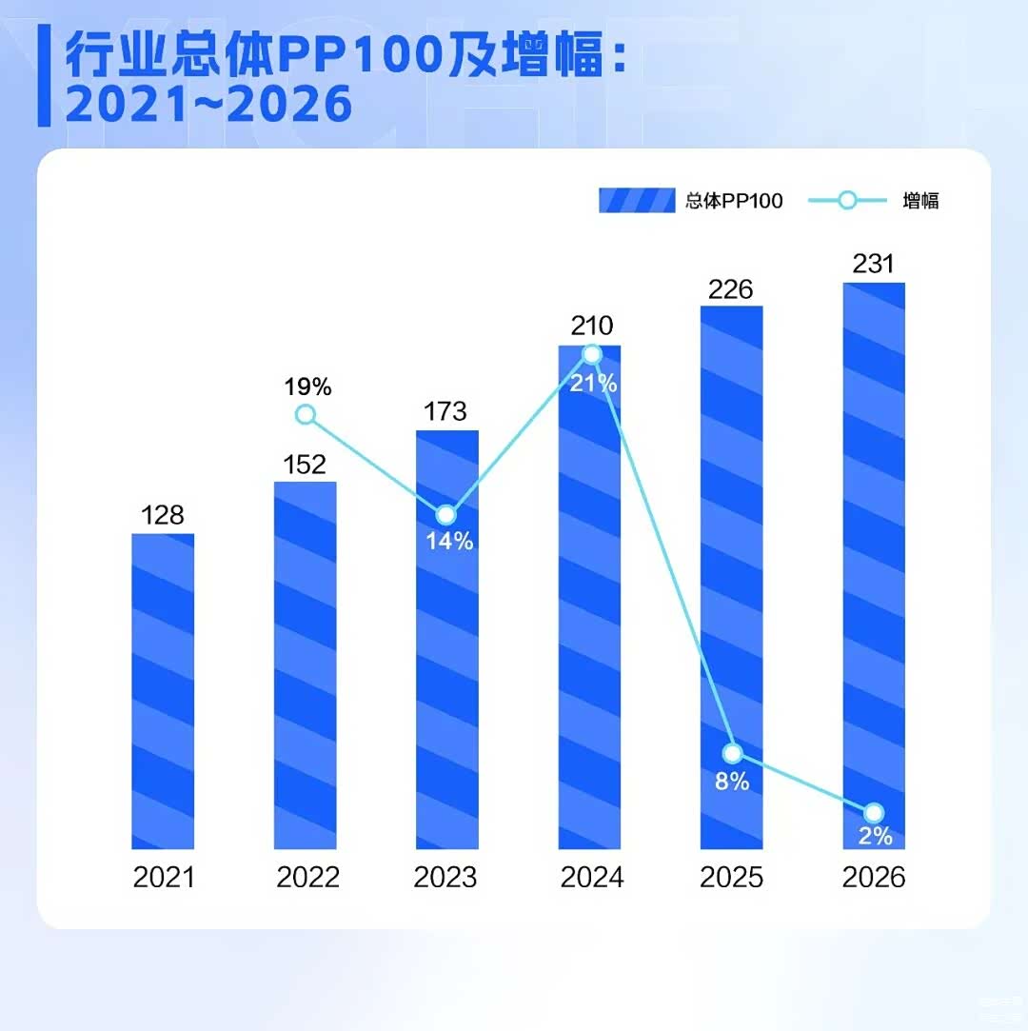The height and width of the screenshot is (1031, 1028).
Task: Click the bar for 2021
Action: pyautogui.click(x=163, y=691)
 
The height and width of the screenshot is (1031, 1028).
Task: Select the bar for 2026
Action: pyautogui.click(x=874, y=565)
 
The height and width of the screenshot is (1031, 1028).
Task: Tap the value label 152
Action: pyautogui.click(x=305, y=465)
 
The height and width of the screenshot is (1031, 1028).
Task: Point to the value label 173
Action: pyautogui.click(x=445, y=411)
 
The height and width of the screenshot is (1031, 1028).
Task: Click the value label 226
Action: pyautogui.click(x=730, y=289)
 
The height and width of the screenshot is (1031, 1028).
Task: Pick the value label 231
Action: pyautogui.click(x=874, y=264)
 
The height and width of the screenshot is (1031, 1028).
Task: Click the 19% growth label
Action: pyautogui.click(x=307, y=387)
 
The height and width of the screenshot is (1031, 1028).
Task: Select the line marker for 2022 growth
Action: pyautogui.click(x=305, y=415)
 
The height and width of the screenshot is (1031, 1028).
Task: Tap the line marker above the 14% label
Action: pyautogui.click(x=445, y=514)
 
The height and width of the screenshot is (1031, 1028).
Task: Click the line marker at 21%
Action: pyautogui.click(x=592, y=355)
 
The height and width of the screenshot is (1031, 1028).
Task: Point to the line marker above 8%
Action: pyautogui.click(x=732, y=754)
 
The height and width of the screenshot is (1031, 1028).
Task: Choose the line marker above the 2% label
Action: pyautogui.click(x=874, y=813)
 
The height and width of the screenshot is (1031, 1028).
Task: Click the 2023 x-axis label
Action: pyautogui.click(x=445, y=877)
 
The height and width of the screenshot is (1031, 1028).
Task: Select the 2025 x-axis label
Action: pyautogui.click(x=731, y=877)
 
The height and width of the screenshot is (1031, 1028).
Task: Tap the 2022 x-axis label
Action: pyautogui.click(x=307, y=877)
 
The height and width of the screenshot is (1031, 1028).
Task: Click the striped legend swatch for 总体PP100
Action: pyautogui.click(x=637, y=200)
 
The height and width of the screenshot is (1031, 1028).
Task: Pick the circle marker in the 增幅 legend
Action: pyautogui.click(x=848, y=200)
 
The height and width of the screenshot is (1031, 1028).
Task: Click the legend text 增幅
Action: pyautogui.click(x=920, y=201)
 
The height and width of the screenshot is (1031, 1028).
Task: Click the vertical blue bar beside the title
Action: pyautogui.click(x=44, y=75)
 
